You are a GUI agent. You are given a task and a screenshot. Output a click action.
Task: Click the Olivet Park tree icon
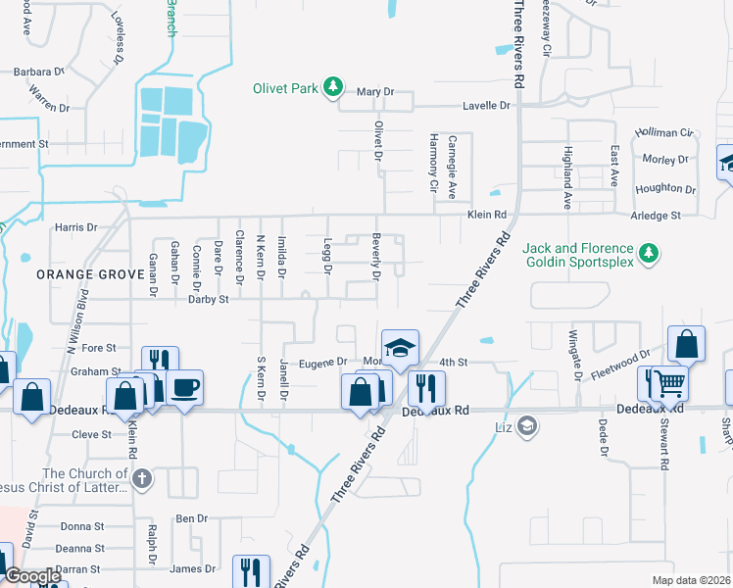[333, 88]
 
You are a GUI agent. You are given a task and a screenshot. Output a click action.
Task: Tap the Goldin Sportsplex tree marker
[648, 255]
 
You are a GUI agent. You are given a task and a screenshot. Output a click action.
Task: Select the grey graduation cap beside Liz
[528, 425]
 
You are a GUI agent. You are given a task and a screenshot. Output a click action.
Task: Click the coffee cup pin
[185, 387]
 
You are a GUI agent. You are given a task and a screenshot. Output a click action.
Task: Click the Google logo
[32, 576]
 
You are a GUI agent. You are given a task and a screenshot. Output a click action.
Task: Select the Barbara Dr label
[38, 72]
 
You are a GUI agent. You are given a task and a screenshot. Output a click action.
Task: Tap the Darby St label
[209, 299]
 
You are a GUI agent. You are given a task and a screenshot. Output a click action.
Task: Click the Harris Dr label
[76, 227]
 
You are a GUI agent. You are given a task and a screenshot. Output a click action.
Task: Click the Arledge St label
[658, 216]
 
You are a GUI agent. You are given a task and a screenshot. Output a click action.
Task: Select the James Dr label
[192, 568]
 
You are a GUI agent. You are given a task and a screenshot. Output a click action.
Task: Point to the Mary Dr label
[374, 91]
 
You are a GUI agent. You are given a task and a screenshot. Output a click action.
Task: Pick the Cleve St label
[92, 433]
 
